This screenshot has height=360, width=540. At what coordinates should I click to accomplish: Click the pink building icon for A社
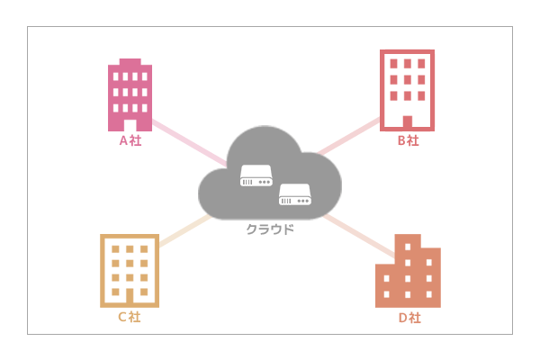click(130, 95)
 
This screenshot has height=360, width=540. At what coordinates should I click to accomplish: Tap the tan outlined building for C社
click(130, 270)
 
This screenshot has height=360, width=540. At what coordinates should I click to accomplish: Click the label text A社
click(130, 140)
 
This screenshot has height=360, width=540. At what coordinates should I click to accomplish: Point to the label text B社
click(408, 140)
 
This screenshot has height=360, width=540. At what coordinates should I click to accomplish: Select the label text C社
click(129, 317)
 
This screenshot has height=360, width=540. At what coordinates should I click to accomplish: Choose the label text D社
click(409, 318)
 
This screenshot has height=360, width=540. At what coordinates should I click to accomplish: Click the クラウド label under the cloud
click(270, 229)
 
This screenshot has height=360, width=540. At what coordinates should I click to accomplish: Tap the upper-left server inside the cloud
click(256, 175)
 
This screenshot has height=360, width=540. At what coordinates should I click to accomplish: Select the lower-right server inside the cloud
click(294, 193)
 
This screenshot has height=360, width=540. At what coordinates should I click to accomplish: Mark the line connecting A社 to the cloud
click(189, 143)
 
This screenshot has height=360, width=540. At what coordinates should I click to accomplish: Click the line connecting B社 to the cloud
click(351, 135)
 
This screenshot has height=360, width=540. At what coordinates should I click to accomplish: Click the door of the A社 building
click(130, 125)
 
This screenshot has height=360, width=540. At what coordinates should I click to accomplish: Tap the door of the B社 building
click(407, 121)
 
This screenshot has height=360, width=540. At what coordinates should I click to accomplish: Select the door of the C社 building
click(130, 296)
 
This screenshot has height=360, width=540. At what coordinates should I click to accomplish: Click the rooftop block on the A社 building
click(130, 62)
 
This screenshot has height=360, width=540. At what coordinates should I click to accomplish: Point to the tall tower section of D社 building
click(408, 252)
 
